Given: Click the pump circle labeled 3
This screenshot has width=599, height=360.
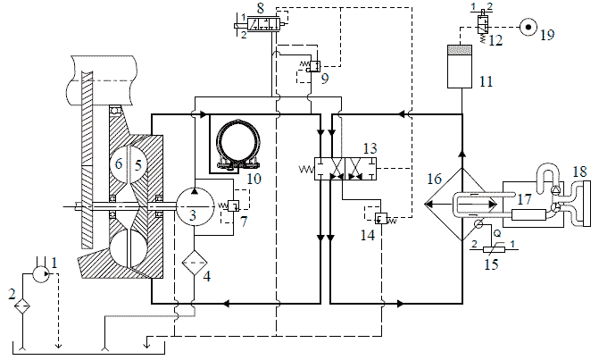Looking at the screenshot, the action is (195, 206).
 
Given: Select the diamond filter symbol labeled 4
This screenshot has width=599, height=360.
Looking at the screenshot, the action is (195, 263).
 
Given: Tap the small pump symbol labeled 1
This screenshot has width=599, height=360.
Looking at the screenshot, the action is (40, 273).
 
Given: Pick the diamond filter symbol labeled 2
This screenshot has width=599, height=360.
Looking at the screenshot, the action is (22, 306).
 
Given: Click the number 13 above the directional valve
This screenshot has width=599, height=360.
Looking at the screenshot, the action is (370, 148).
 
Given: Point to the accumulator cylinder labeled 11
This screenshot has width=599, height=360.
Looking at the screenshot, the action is (460, 66).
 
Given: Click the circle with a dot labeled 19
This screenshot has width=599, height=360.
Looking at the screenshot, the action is (528, 27).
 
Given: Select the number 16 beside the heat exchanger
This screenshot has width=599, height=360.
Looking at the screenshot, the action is (435, 179).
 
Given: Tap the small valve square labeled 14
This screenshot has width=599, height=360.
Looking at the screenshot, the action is (381, 218).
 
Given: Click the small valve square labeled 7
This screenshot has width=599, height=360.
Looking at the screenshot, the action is (233, 206).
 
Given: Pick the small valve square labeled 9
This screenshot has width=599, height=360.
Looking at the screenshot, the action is (315, 65).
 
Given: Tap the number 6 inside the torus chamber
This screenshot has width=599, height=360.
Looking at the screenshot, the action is (120, 163).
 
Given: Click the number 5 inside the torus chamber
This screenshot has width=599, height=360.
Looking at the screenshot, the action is (137, 164).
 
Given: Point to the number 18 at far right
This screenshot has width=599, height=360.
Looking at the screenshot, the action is (579, 172).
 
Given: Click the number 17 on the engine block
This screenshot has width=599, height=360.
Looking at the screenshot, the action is (525, 198).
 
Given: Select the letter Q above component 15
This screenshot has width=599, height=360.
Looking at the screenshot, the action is (497, 232).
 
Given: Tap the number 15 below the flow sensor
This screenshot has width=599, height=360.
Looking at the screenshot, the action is (491, 264).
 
